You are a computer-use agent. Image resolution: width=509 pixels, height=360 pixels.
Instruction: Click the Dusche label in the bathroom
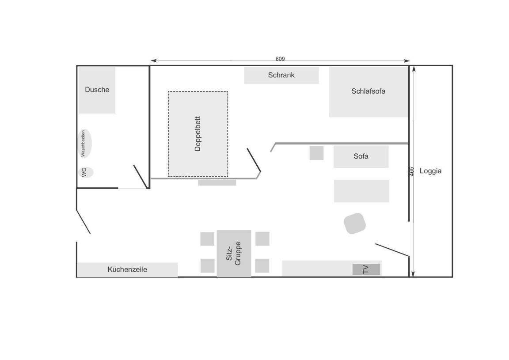[97, 90]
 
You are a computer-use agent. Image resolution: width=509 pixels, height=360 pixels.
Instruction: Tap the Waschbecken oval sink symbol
[85, 144]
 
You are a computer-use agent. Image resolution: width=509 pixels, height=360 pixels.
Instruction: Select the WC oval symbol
[85, 172]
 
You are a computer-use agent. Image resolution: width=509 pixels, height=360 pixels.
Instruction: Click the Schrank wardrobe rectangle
[281, 75]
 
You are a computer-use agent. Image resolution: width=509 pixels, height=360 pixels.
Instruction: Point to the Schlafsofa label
[368, 91]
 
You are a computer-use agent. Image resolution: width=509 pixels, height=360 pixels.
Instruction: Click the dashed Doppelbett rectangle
[198, 134]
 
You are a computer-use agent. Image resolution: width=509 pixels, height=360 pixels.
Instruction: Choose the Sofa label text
[361, 156]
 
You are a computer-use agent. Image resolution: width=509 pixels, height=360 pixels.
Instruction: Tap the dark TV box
[366, 269]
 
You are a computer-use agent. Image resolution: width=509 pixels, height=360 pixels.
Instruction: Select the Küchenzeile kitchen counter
[127, 270]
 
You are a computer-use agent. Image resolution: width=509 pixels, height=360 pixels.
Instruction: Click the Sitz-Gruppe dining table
[234, 254]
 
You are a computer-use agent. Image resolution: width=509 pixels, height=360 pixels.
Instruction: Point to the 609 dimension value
[280, 59]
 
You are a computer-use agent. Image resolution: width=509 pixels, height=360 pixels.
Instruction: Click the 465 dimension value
[412, 171]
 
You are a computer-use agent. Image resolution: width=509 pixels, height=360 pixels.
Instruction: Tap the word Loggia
[430, 171]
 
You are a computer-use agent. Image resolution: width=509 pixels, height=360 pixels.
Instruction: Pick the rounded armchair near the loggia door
[355, 224]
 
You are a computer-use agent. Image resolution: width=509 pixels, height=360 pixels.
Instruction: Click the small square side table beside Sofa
[316, 153]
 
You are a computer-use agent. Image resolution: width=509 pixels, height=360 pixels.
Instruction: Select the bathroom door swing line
[141, 177]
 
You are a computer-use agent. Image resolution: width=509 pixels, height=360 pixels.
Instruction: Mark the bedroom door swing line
[254, 160]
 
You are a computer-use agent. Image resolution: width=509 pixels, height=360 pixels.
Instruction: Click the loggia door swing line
[392, 250]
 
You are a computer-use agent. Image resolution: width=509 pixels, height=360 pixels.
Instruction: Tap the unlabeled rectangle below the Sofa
[361, 191]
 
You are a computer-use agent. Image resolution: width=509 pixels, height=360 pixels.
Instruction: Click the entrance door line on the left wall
[84, 222]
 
